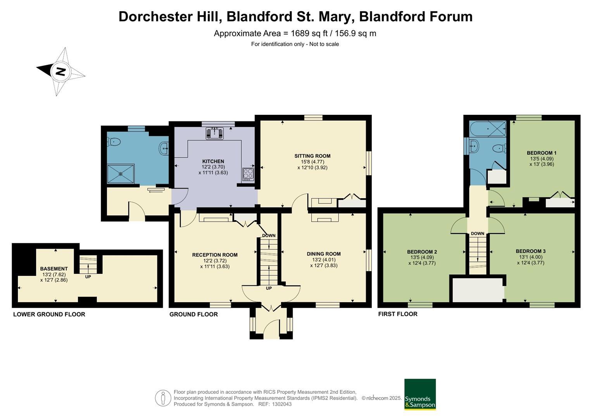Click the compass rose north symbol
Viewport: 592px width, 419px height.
coord(60,71)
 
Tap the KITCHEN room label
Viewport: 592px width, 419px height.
coord(213,161)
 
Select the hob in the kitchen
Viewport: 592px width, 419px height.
coord(248,174)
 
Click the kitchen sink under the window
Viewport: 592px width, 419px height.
coord(214,133)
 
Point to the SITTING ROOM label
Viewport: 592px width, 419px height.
coord(312,156)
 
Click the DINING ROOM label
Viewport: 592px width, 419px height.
coord(324,254)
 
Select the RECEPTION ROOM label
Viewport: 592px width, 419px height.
coord(215,255)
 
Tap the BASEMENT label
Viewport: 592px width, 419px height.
coord(54,268)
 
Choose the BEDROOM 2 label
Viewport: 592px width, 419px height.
coord(422,251)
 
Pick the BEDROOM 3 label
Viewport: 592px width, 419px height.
coord(530,251)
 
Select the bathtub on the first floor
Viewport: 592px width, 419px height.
coord(488,127)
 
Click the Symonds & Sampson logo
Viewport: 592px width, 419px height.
coord(420,394)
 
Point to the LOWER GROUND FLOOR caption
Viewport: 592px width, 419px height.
coord(49,314)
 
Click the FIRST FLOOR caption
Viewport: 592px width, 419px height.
coord(398,314)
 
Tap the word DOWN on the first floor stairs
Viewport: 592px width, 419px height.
coord(477,234)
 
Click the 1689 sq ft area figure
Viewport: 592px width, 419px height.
coord(308,33)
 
